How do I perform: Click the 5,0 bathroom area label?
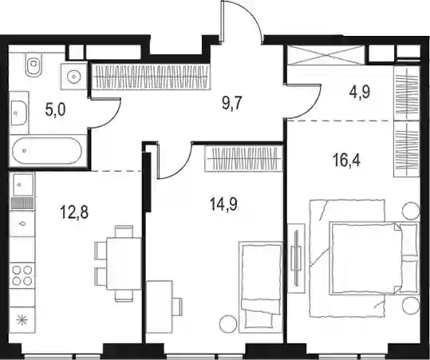55,110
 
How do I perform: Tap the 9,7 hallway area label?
231,104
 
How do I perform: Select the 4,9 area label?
360,93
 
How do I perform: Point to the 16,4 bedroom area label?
346,160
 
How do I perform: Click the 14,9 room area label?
223,204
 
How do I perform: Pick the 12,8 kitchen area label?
74,212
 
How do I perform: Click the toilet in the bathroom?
34,65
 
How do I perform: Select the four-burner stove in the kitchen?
22,275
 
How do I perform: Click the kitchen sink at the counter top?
22,184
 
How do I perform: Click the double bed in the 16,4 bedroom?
364,259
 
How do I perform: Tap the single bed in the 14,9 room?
261,286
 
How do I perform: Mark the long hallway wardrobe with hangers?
151,77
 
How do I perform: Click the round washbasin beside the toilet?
74,77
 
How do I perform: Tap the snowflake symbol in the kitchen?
22,320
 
